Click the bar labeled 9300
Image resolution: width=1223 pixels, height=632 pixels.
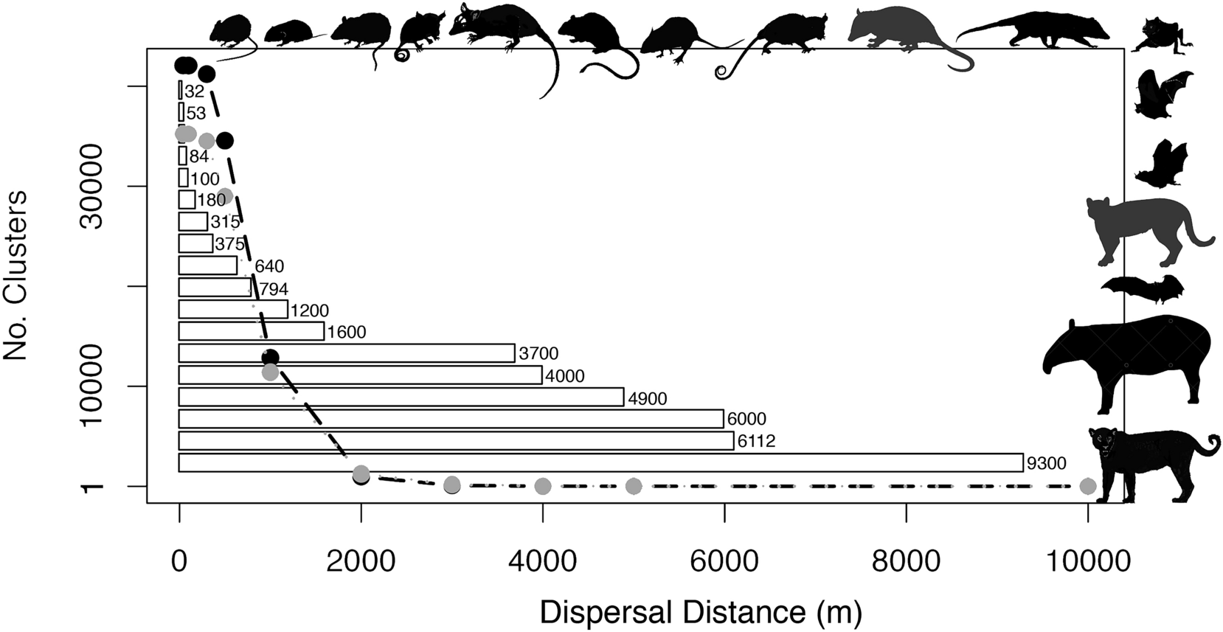pyautogui.click(x=600, y=463)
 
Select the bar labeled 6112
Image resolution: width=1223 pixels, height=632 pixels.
pyautogui.click(x=456, y=441)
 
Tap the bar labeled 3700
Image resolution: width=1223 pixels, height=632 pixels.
pyautogui.click(x=347, y=353)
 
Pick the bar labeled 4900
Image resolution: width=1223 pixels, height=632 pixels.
pyautogui.click(x=401, y=397)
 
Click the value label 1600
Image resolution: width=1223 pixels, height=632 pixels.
pyautogui.click(x=346, y=333)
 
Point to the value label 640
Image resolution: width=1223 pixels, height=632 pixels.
pyautogui.click(x=269, y=266)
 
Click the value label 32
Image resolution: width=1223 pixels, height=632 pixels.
pyautogui.click(x=194, y=92)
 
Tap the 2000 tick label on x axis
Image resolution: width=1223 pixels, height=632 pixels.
pyautogui.click(x=361, y=561)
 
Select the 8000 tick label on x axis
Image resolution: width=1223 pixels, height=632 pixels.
pyautogui.click(x=906, y=561)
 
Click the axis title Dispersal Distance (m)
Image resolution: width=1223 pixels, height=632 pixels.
pyautogui.click(x=701, y=612)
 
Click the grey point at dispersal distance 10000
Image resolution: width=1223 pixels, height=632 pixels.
pyautogui.click(x=1087, y=486)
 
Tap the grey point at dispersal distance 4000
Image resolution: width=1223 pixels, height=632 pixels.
pyautogui.click(x=543, y=486)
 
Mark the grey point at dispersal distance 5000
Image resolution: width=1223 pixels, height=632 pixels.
pyautogui.click(x=634, y=486)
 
